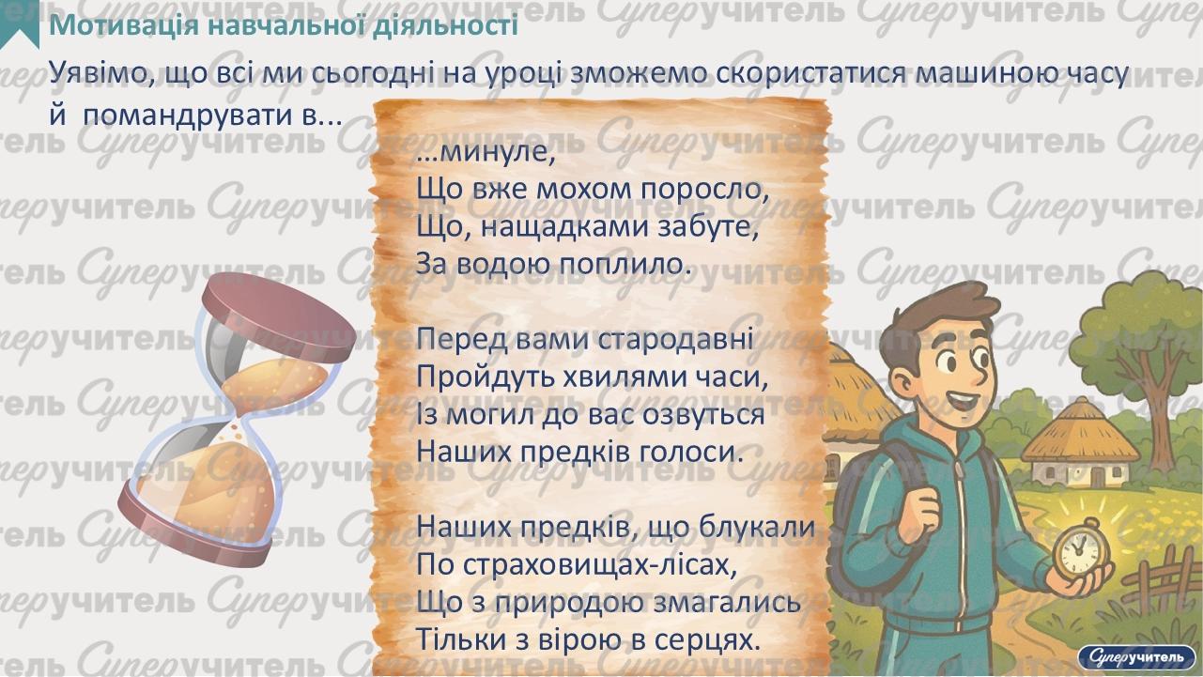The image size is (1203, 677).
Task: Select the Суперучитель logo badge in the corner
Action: tap(1136, 655)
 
